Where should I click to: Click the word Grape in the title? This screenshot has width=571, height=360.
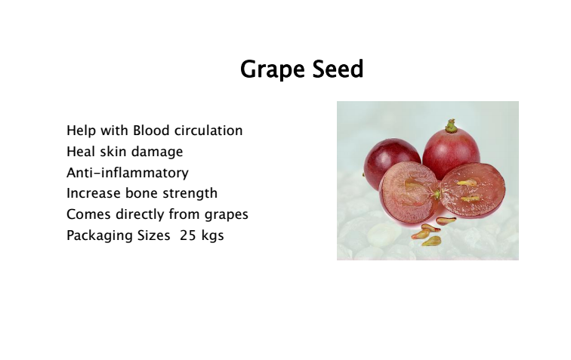click(273, 69)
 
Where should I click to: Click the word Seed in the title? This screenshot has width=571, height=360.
click(338, 69)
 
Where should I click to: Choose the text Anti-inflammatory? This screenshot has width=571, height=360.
click(128, 173)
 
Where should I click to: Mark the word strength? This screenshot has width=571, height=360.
click(190, 194)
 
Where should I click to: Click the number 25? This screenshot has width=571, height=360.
click(188, 235)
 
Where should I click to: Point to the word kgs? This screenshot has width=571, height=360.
click(212, 236)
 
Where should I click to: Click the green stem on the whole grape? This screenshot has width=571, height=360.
click(451, 126)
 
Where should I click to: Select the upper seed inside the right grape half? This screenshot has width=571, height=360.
click(467, 183)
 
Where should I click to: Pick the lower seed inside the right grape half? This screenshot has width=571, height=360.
click(470, 198)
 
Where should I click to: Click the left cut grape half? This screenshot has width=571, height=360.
click(409, 193)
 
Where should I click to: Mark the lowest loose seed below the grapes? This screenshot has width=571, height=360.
click(431, 241)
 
